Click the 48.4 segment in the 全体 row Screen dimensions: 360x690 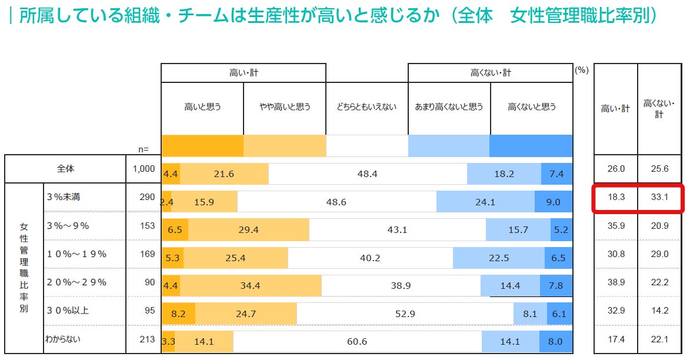368,174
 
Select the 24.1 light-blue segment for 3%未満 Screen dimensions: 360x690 485,202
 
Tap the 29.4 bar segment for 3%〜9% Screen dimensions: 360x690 248,230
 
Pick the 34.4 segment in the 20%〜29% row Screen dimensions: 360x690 254,286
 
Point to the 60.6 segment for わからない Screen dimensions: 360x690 357,342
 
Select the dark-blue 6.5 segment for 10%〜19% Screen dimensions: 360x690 558,258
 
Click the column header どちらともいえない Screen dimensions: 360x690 366,107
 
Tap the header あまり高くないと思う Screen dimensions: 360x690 449,107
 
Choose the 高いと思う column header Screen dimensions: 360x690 202,107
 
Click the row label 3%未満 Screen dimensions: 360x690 63,197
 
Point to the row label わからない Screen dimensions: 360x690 63,339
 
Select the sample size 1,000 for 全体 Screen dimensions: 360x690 143,169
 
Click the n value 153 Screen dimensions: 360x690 148,225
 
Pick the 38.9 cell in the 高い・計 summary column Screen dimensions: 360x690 616,283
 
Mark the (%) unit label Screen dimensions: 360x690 581,70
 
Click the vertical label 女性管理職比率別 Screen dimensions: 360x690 24,268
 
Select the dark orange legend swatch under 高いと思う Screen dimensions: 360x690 202,146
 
